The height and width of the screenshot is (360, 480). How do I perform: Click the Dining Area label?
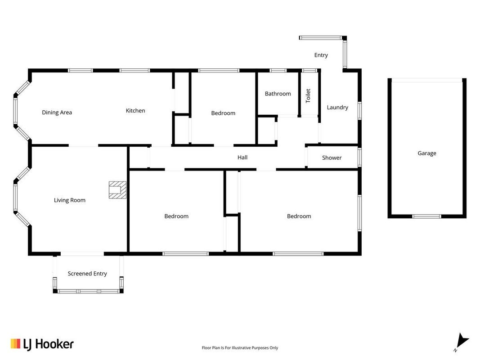57,112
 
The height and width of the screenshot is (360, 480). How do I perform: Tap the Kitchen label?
135,111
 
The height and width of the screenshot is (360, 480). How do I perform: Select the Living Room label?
69,200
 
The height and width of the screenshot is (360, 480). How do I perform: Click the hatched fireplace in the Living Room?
117,190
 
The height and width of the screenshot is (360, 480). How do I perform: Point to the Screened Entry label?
87,274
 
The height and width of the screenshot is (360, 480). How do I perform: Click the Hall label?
242,157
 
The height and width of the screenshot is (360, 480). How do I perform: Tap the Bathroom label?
278,94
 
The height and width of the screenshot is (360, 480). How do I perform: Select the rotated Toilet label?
308,95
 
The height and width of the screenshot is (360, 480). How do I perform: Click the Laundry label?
337,108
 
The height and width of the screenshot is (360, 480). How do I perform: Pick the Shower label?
332,157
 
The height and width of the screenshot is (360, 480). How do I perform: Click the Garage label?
427,153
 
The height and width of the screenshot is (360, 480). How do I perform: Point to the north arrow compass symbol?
461,342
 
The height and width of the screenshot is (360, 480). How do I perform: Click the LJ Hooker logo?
42,344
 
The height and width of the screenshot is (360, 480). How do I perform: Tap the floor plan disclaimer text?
240,348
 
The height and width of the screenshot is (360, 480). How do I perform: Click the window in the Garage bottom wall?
427,216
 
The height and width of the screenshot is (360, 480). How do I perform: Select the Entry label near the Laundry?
321,55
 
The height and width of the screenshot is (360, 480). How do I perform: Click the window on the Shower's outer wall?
360,157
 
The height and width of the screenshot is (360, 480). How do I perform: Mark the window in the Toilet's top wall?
310,71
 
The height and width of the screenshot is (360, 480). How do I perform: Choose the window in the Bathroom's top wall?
278,71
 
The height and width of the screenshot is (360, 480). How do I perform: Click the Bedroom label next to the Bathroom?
223,113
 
